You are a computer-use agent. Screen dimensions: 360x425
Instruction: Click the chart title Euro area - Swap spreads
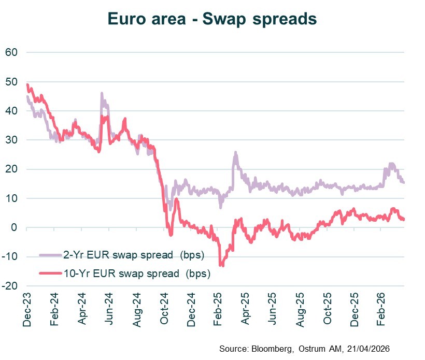[212, 19]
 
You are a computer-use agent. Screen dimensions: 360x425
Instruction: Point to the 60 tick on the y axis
[11, 52]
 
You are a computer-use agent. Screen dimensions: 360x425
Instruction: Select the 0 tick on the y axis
[16, 227]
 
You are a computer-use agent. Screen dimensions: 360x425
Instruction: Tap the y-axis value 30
[11, 140]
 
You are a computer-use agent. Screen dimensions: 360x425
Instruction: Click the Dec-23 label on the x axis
[27, 310]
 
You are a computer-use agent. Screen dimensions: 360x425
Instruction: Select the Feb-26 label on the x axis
[383, 310]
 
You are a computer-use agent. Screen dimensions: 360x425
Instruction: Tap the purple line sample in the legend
[50, 255]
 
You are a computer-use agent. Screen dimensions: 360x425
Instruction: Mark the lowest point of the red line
[222, 266]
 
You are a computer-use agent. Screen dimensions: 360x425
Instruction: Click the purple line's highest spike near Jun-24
[102, 93]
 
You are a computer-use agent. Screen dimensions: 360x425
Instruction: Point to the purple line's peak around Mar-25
[235, 152]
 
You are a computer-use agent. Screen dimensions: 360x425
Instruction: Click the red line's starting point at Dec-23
[27, 84]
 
